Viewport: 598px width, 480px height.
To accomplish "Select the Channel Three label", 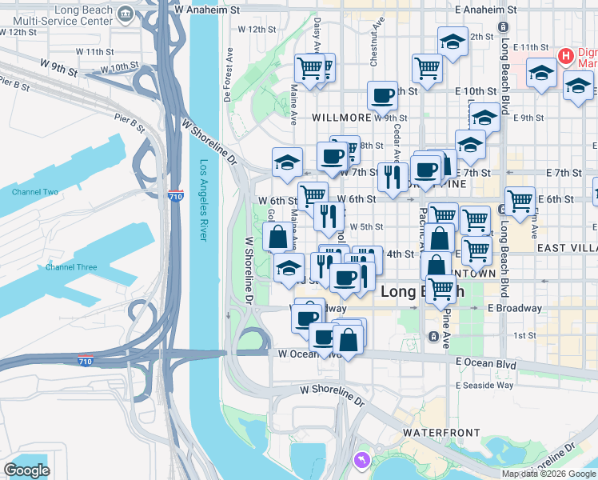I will (72, 267).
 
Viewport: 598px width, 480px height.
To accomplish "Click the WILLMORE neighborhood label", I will (341, 118).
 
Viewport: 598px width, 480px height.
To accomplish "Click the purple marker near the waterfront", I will (361, 460).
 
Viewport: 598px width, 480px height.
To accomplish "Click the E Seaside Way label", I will (484, 385).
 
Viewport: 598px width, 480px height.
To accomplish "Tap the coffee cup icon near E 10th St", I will (382, 95).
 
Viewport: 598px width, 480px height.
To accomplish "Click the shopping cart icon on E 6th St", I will (520, 200).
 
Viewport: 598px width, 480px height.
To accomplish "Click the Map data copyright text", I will (549, 474).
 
